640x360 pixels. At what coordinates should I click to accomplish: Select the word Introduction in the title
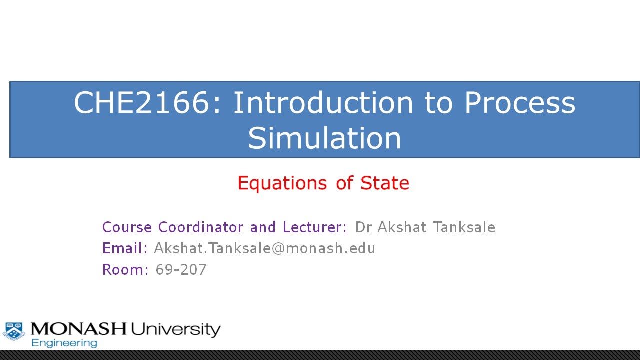pyautogui.click(x=323, y=103)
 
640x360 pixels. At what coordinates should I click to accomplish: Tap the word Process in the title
pyautogui.click(x=520, y=103)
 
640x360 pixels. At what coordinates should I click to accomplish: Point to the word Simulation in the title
pyautogui.click(x=324, y=138)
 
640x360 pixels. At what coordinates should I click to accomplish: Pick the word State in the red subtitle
pyautogui.click(x=385, y=183)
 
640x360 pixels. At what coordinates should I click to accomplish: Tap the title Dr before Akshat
pyautogui.click(x=364, y=227)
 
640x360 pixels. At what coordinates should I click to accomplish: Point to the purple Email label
pyautogui.click(x=125, y=248)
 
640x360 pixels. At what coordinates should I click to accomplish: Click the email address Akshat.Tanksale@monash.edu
pyautogui.click(x=264, y=248)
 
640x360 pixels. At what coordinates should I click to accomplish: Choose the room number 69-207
pyautogui.click(x=181, y=270)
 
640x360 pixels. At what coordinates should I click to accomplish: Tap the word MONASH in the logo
pyautogui.click(x=78, y=329)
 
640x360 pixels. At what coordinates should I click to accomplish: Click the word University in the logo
pyautogui.click(x=175, y=329)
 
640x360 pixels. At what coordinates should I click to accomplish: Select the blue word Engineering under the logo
pyautogui.click(x=64, y=343)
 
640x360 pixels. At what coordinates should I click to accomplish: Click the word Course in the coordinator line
pyautogui.click(x=127, y=227)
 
